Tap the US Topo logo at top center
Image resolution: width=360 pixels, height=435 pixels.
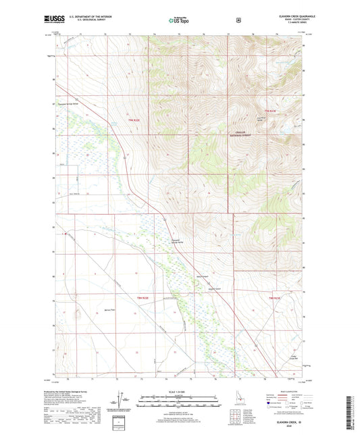[179, 21]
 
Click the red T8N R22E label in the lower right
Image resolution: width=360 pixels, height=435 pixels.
[273, 297]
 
